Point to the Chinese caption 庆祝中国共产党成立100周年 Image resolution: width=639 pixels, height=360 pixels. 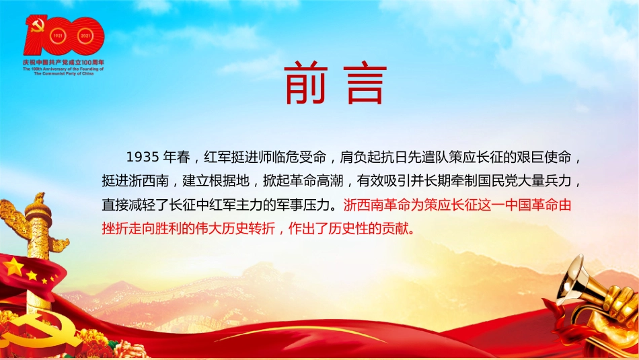64,62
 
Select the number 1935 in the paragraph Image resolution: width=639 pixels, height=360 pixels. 142,157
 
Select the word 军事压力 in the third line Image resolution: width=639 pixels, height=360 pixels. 306,205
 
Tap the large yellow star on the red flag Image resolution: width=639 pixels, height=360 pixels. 14,266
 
